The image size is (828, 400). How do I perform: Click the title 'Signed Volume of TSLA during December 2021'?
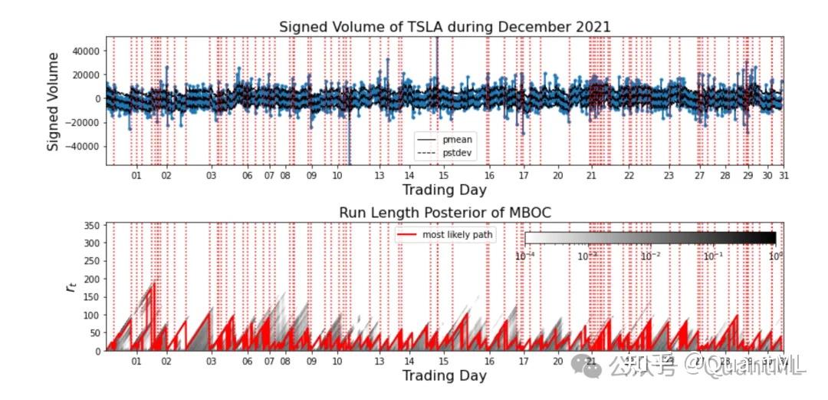[445, 27]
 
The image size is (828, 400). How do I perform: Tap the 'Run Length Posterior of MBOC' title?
[445, 212]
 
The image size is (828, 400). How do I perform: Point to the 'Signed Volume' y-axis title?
[54, 101]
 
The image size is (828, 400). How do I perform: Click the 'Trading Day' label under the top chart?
[445, 190]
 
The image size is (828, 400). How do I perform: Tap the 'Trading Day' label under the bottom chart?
[445, 375]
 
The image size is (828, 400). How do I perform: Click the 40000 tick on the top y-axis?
[85, 51]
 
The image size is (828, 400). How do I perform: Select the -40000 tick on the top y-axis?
[84, 146]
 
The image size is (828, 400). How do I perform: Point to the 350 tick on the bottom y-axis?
[91, 225]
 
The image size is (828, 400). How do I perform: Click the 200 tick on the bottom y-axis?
[91, 279]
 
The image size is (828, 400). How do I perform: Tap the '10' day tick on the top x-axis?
[337, 176]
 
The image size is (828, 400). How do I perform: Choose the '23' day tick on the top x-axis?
[669, 176]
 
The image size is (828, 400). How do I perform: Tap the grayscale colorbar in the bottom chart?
[650, 238]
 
